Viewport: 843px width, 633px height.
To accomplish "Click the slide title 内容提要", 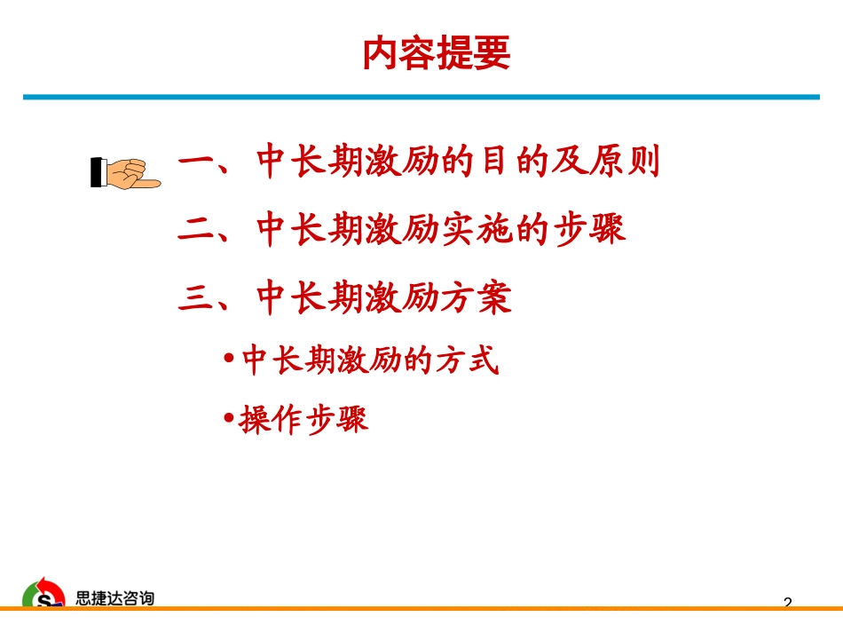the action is coord(436,52).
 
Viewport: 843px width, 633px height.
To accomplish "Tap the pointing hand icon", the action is coord(126,173).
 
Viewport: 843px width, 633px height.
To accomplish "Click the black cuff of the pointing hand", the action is coord(96,172).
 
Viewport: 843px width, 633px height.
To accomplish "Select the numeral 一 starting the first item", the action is coord(197,162).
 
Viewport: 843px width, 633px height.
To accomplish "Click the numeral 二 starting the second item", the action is coord(197,230).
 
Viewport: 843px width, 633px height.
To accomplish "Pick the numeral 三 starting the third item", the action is coord(197,297).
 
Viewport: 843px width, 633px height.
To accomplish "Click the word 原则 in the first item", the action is coord(626,161).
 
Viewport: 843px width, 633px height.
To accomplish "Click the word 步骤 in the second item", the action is coord(590,229).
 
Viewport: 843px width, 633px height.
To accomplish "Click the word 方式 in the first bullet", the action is coord(467,360).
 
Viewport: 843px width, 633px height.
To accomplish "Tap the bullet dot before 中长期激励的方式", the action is coord(229,358).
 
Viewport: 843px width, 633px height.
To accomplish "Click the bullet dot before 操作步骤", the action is coord(229,417).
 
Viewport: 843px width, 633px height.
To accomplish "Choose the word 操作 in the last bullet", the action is coord(271,419).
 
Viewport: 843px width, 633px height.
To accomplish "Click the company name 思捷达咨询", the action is coord(114,598).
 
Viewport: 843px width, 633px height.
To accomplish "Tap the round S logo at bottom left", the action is coord(43,593).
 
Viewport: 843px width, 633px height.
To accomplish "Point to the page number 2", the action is coord(788,602).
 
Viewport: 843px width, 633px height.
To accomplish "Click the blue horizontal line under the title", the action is coord(421,97).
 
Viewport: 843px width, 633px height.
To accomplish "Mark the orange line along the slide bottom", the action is coord(421,608).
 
